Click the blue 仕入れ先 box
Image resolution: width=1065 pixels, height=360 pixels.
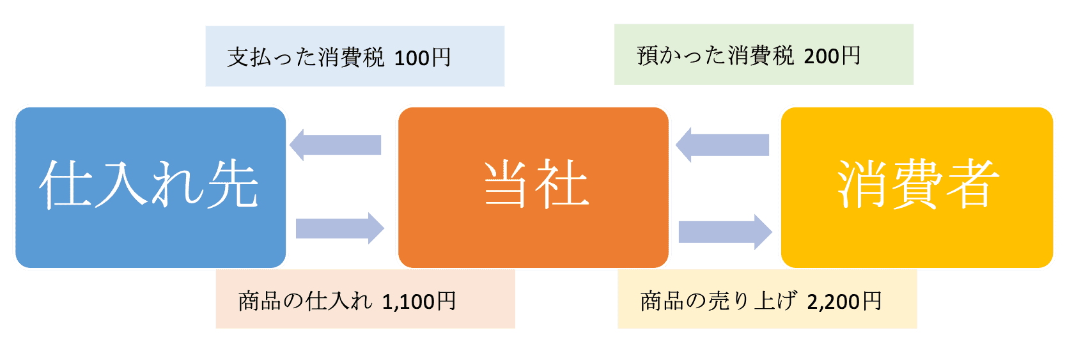pyautogui.click(x=150, y=187)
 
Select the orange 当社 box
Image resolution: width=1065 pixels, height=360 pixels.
pyautogui.click(x=533, y=187)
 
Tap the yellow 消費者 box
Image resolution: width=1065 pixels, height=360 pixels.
pyautogui.click(x=916, y=187)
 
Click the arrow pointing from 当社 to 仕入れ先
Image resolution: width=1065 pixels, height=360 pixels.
pyautogui.click(x=336, y=145)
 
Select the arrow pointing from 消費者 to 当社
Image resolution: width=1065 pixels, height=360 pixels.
pyautogui.click(x=722, y=145)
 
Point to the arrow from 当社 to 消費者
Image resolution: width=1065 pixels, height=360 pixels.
pyautogui.click(x=725, y=231)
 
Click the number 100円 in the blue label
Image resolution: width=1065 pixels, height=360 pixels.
pyautogui.click(x=423, y=58)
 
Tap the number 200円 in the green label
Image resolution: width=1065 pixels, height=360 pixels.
pyautogui.click(x=832, y=56)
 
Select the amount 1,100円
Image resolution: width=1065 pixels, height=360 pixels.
pyautogui.click(x=419, y=301)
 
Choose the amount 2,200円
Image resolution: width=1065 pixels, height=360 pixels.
pyautogui.click(x=844, y=301)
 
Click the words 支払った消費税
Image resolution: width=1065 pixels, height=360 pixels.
pyautogui.click(x=306, y=58)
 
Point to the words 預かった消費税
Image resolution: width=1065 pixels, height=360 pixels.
pyautogui.click(x=715, y=56)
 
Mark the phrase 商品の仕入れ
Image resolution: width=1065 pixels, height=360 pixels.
pyautogui.click(x=304, y=301)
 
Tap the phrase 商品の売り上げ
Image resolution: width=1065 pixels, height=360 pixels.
pyautogui.click(x=719, y=301)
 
